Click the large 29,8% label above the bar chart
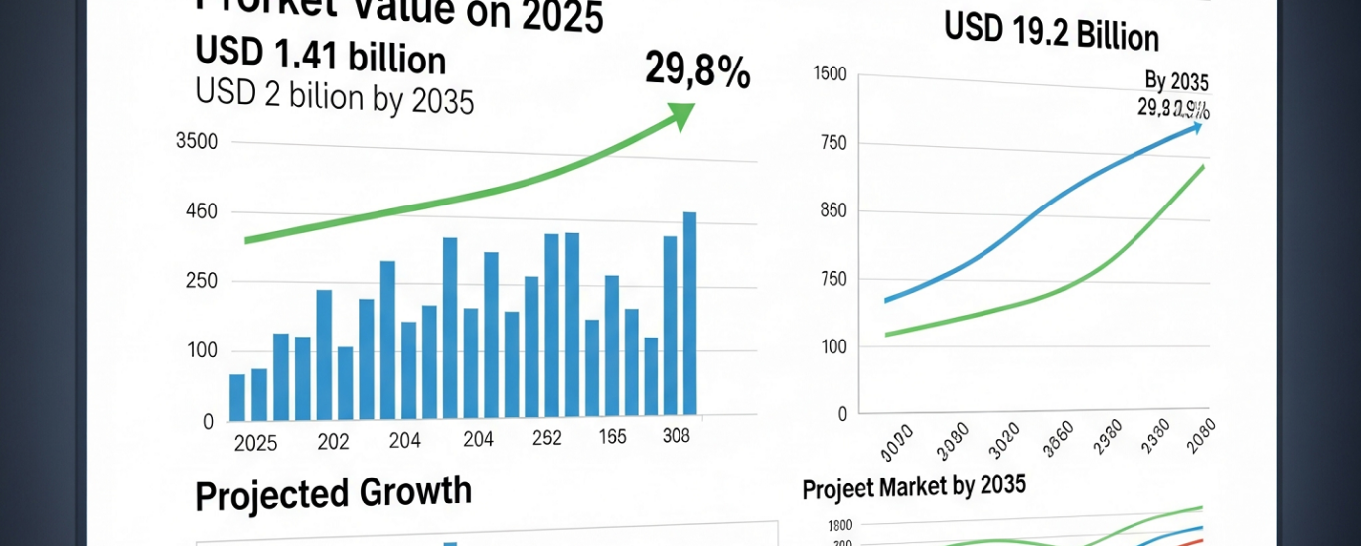697,71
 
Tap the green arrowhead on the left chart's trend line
682,115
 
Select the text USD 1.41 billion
320,57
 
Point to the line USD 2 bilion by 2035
334,97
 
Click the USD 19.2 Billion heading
1051,35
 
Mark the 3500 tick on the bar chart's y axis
196,142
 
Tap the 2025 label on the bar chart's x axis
255,443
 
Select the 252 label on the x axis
546,438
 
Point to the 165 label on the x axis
611,437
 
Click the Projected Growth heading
333,494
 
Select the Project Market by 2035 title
913,488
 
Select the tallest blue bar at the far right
689,313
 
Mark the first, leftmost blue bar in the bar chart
237,397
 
